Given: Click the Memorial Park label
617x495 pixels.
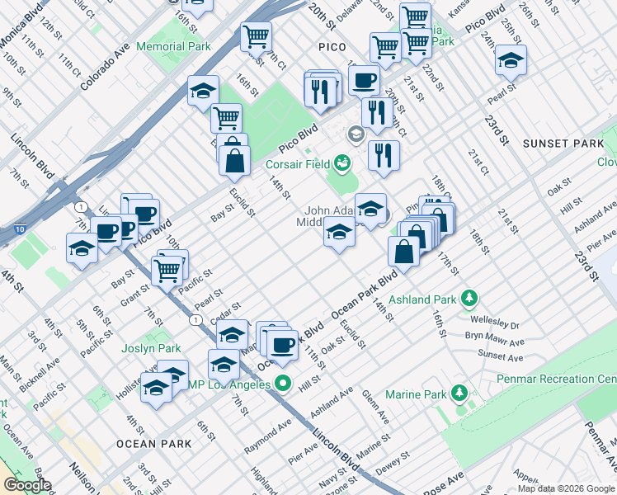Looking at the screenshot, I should coord(172,46).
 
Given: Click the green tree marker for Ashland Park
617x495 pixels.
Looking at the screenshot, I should coord(469,296).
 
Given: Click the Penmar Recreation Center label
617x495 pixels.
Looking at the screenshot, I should coord(557,379).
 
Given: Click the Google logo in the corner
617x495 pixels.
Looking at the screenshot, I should coord(26,485).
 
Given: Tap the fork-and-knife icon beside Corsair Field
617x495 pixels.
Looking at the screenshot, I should coord(384,156).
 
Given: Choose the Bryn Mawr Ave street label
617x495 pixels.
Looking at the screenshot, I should coord(494,341).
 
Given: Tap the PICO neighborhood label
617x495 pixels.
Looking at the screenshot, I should coord(332,47).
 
